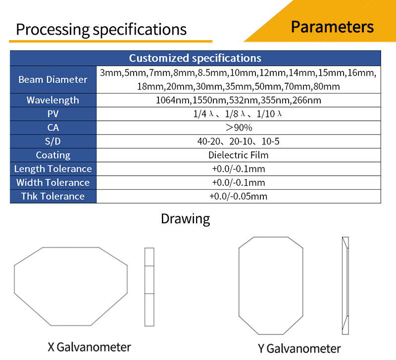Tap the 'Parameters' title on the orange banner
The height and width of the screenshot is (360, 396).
332,27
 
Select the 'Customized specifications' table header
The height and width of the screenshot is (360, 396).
195,58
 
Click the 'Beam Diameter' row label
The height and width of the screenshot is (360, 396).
53,79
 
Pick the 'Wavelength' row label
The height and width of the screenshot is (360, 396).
53,100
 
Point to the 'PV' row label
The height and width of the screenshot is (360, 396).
53,114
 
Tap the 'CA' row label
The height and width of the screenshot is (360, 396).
53,128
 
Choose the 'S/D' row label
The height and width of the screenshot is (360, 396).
53,142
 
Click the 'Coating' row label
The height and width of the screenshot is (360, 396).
53,155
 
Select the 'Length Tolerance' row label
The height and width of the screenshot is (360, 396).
53,169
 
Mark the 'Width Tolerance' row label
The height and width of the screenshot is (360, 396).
53,182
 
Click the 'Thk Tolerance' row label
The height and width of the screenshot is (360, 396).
53,196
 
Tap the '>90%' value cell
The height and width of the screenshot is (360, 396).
238,128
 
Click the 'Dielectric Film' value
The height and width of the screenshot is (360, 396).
238,155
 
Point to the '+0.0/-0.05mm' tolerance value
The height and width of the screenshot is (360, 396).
238,196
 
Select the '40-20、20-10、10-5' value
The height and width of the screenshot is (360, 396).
238,142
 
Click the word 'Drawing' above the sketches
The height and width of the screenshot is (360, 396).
185,218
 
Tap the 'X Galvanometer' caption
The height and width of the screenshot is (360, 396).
89,346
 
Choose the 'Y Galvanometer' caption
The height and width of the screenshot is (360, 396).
299,348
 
